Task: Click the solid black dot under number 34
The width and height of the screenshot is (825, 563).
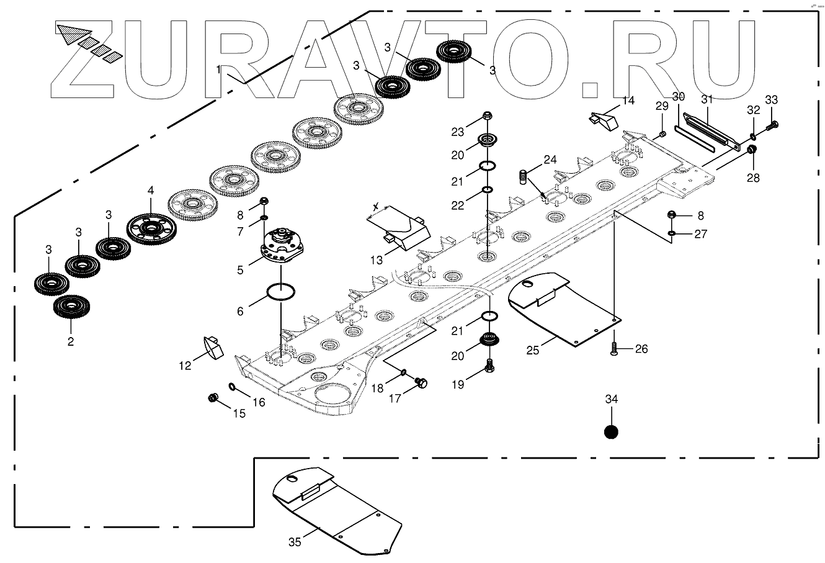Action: [612, 431]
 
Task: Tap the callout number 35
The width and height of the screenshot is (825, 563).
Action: [295, 542]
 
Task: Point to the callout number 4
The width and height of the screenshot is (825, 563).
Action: [150, 191]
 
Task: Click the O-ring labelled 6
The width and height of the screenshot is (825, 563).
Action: [279, 291]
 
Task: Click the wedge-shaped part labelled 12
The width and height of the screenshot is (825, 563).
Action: [212, 348]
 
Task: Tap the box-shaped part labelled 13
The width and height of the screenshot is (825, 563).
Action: [400, 229]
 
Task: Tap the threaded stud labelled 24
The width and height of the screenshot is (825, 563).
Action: [523, 178]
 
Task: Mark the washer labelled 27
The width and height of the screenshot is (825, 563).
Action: [673, 234]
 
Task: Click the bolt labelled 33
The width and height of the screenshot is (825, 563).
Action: [773, 125]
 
